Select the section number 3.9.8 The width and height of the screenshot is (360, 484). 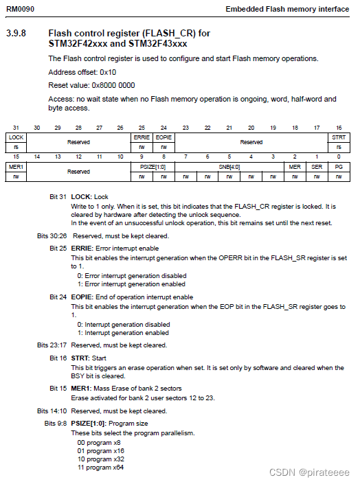(16, 33)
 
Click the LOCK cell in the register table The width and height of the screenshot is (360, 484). (16, 137)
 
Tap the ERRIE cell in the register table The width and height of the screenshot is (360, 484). (142, 137)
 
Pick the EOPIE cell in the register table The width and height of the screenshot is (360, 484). (164, 137)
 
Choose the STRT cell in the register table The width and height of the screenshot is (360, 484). (339, 137)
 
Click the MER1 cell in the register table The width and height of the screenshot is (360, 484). (16, 167)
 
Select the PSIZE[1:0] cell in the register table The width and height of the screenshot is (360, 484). (153, 167)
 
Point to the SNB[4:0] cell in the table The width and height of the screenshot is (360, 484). (229, 167)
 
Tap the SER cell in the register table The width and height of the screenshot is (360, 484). (317, 167)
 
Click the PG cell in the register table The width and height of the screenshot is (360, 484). (339, 167)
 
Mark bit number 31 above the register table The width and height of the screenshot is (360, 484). (16, 128)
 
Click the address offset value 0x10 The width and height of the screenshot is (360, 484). (108, 72)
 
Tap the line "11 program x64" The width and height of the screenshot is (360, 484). (100, 467)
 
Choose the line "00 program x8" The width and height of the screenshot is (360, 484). (98, 442)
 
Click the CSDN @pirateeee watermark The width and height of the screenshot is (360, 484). (318, 473)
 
